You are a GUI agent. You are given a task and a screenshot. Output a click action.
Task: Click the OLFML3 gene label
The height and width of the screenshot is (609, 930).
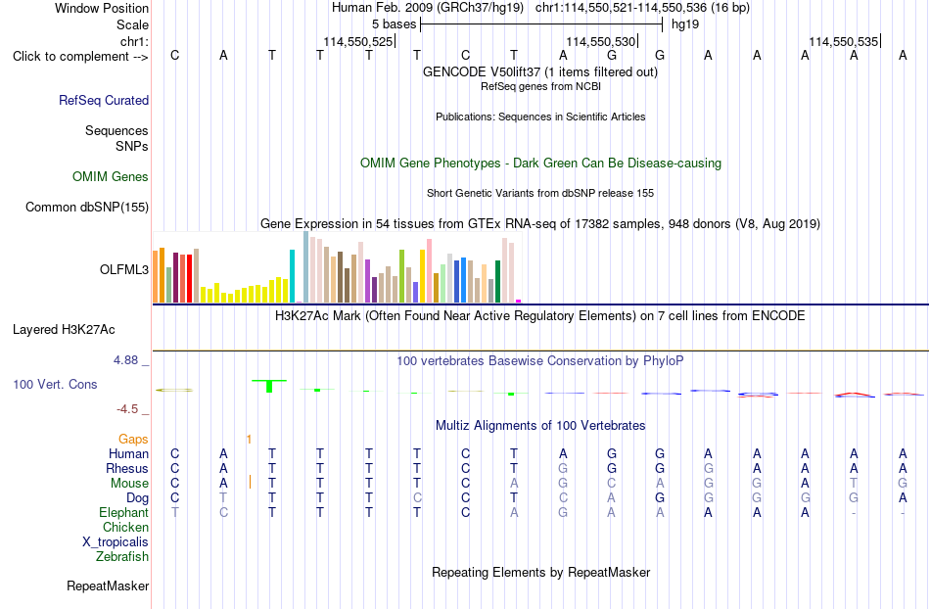tap(124, 270)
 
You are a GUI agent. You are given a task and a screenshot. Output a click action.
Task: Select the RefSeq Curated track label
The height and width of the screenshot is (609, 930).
tap(104, 100)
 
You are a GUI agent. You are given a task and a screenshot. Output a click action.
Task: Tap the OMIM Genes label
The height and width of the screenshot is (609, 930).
tap(111, 176)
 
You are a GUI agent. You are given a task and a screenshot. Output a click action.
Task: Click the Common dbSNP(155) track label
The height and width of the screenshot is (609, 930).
tap(87, 207)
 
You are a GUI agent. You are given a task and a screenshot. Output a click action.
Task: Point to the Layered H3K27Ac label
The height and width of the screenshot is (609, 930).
tap(64, 330)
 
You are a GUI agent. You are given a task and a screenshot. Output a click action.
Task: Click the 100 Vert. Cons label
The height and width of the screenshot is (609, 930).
tap(55, 384)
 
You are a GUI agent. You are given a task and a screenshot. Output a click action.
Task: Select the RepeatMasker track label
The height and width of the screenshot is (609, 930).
tap(108, 586)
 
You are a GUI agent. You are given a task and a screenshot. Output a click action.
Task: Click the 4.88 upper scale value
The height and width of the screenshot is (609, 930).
tap(125, 360)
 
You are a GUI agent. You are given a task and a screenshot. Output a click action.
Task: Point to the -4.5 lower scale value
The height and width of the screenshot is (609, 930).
tap(127, 408)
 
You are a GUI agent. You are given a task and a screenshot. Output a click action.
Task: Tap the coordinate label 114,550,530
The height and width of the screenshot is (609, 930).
tap(601, 41)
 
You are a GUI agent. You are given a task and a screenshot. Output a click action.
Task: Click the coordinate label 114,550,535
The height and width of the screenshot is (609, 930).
tap(844, 41)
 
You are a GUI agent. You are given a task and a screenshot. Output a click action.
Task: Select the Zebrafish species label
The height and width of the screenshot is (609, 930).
tap(122, 556)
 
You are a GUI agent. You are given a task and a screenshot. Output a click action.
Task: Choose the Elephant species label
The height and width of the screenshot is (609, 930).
tap(124, 512)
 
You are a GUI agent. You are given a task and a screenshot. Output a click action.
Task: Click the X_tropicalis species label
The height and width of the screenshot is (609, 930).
tap(116, 542)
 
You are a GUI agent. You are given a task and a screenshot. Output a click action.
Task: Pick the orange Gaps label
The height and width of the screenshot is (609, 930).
tap(133, 439)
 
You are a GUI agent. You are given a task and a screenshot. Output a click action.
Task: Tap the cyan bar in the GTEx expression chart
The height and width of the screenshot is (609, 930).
tap(292, 276)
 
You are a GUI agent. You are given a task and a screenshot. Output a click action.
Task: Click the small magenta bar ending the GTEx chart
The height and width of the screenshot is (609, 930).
tap(519, 302)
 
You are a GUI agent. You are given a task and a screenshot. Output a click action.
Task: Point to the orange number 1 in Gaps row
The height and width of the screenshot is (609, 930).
tap(249, 440)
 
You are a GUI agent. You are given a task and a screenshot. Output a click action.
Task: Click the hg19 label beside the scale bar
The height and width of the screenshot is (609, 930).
tap(685, 24)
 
